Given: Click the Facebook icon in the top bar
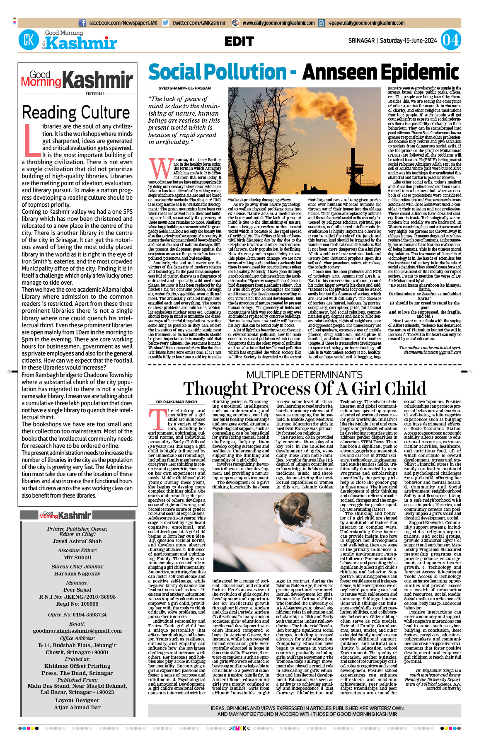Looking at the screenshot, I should pyautogui.click(x=82, y=23).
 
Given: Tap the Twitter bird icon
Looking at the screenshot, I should pyautogui.click(x=166, y=23).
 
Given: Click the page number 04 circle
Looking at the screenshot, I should pyautogui.click(x=450, y=40).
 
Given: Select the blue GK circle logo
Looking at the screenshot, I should pyautogui.click(x=29, y=40).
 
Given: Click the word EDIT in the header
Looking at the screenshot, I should pyautogui.click(x=239, y=41).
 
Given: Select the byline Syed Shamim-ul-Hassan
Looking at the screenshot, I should pyautogui.click(x=184, y=88).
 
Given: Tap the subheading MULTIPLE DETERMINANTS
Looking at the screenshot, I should pyautogui.click(x=304, y=375).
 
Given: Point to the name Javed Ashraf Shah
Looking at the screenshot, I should pyautogui.click(x=77, y=541).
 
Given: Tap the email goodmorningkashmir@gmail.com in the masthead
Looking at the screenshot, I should pyautogui.click(x=77, y=631).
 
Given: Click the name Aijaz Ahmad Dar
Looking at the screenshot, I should pyautogui.click(x=77, y=707).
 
